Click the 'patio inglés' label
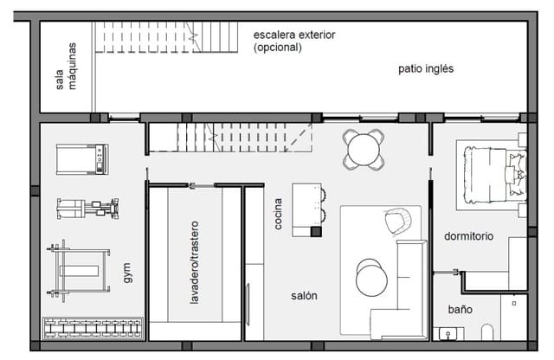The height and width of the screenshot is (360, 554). pyautogui.click(x=426, y=68)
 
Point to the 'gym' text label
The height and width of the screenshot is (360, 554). pyautogui.click(x=128, y=275)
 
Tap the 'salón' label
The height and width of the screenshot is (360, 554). pyautogui.click(x=304, y=295)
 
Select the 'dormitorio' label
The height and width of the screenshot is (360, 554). pyautogui.click(x=468, y=235)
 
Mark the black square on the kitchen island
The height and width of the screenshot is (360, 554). pyautogui.click(x=316, y=231)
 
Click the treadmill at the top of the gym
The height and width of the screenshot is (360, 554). pyautogui.click(x=83, y=159)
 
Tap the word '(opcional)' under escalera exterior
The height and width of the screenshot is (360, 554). pyautogui.click(x=278, y=48)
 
